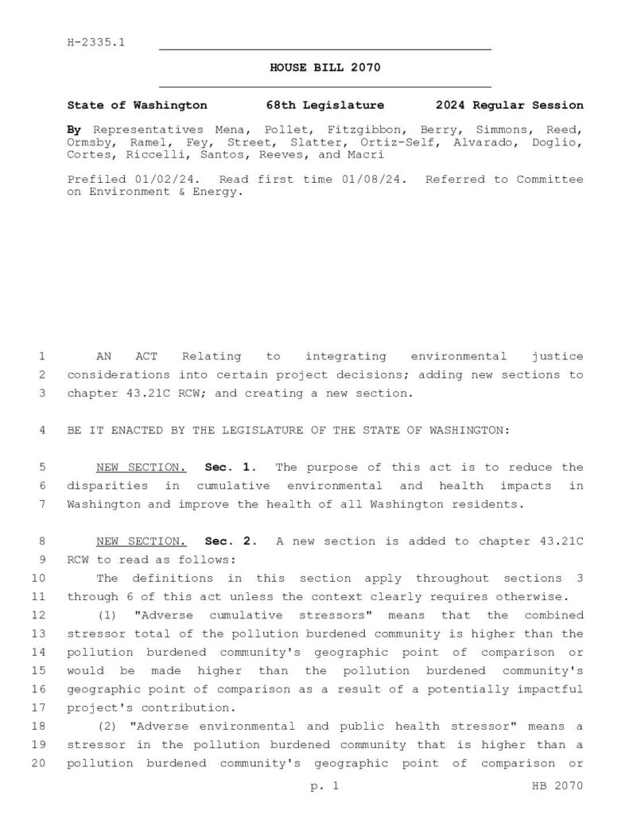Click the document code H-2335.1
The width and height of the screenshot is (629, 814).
[95, 42]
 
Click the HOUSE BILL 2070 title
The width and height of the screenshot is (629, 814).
[325, 68]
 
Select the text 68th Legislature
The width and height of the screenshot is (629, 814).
[325, 105]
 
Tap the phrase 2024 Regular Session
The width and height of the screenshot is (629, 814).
[509, 105]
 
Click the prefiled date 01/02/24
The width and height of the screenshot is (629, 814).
[170, 179]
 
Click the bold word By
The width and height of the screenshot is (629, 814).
[74, 130]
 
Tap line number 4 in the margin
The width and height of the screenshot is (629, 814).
[41, 430]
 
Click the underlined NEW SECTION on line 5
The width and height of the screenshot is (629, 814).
[141, 467]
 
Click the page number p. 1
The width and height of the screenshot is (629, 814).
[324, 787]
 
